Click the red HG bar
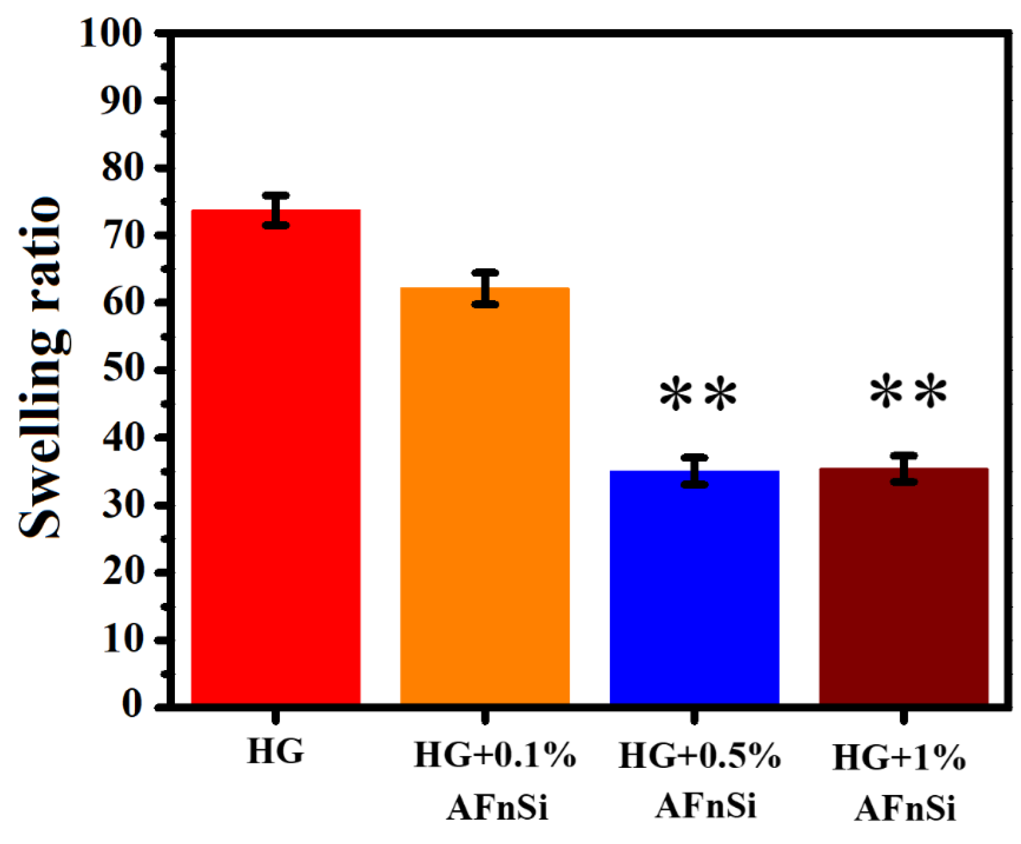276,456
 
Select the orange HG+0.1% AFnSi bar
485,496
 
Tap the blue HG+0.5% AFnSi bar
694,586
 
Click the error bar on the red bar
276,210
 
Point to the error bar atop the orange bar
485,288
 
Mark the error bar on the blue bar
694,471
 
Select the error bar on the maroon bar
904,469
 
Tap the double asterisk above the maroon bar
908,392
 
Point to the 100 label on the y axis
111,34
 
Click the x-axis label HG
275,752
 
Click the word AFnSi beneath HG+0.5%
705,806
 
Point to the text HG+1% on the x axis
899,757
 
